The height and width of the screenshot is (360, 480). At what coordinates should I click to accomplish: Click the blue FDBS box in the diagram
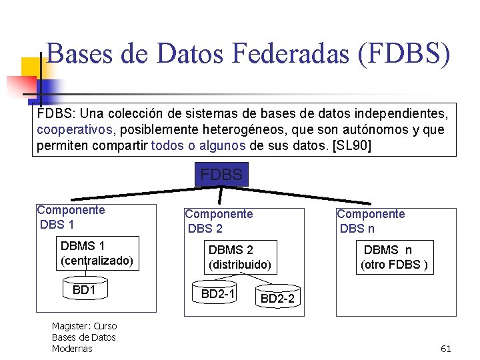pos(221,174)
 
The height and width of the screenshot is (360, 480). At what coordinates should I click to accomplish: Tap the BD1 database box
pos(85,290)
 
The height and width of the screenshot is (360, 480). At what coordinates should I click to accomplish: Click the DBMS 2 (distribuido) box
pos(239,257)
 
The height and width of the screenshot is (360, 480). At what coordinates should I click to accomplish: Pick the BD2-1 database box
pos(218,293)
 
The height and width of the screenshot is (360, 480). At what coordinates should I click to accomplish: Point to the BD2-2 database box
pos(277,299)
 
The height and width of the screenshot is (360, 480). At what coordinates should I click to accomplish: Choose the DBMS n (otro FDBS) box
pos(393,257)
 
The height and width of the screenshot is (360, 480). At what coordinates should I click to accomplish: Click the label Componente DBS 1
pos(71,217)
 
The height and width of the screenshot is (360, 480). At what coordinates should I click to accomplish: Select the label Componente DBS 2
pos(219,221)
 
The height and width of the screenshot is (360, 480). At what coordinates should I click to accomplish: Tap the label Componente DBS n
pos(371,221)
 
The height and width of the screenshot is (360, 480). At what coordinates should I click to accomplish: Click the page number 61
pos(446,349)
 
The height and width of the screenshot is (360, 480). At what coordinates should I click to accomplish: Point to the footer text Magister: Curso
pos(84,326)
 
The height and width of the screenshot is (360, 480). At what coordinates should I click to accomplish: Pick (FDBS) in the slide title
pos(404,54)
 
